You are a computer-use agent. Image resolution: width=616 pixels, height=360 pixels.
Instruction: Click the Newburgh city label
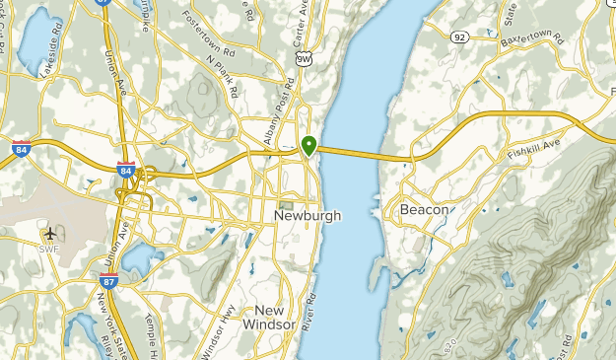point(308,215)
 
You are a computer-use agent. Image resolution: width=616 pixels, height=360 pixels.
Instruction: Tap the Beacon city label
point(425,210)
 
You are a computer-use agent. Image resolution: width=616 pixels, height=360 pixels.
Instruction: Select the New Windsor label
point(268,317)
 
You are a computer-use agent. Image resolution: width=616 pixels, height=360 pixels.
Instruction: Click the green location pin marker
point(309,146)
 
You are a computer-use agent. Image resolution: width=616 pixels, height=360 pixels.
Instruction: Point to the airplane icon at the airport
point(50,233)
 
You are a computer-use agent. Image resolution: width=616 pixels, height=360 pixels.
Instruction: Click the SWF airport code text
point(50,248)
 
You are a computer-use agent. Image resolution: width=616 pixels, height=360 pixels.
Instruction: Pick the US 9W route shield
point(304,59)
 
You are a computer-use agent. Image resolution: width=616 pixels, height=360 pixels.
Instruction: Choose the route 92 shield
point(460,38)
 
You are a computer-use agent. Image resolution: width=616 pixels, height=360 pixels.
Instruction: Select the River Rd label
point(309,312)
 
